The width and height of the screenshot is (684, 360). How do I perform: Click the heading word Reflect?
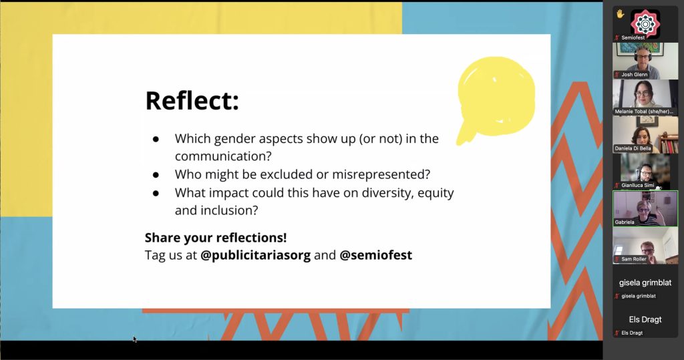pyautogui.click(x=192, y=100)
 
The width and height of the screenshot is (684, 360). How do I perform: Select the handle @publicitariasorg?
pyautogui.click(x=255, y=255)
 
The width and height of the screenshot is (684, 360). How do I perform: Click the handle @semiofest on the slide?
pyautogui.click(x=375, y=255)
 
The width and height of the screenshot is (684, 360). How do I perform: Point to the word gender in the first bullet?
pyautogui.click(x=236, y=139)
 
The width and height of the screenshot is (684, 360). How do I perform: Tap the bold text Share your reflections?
pyautogui.click(x=216, y=237)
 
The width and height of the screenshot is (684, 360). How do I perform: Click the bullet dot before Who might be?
pyautogui.click(x=156, y=174)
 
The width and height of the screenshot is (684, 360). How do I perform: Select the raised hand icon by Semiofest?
pyautogui.click(x=620, y=14)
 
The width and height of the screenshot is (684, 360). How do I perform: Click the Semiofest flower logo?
pyautogui.click(x=645, y=23)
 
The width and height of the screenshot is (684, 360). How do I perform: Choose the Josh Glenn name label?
pyautogui.click(x=635, y=75)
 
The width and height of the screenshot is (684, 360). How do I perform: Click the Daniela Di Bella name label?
pyautogui.click(x=633, y=148)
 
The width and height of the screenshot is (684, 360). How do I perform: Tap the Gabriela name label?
pyautogui.click(x=625, y=222)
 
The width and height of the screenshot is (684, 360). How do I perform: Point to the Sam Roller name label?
pyautogui.click(x=634, y=259)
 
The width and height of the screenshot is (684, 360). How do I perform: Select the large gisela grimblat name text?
pyautogui.click(x=645, y=283)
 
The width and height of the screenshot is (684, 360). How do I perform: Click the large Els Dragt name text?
pyautogui.click(x=645, y=319)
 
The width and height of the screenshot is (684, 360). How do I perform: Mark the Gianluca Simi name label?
pyautogui.click(x=638, y=186)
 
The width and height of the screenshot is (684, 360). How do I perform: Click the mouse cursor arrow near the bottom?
pyautogui.click(x=135, y=339)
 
